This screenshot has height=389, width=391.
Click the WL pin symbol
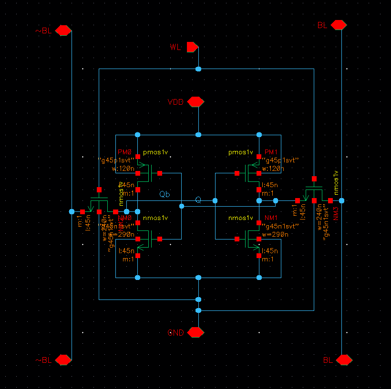(x=192, y=47)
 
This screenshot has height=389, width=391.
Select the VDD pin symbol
(x=195, y=102)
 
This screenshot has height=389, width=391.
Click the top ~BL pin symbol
(x=63, y=31)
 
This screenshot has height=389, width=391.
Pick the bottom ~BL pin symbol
(x=63, y=360)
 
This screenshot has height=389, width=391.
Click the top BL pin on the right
(x=339, y=25)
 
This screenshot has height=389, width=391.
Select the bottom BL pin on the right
(x=344, y=360)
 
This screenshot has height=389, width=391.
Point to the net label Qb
(x=165, y=194)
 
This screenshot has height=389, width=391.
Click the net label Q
(x=198, y=200)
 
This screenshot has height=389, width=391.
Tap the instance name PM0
(x=124, y=152)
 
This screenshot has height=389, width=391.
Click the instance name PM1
(x=271, y=152)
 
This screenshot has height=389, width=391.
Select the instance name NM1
(x=271, y=218)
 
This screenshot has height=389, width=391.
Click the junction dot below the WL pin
(x=198, y=69)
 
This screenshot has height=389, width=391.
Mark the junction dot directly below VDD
(x=198, y=135)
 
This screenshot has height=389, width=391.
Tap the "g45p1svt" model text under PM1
(x=282, y=160)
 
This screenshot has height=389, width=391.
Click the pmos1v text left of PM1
(x=240, y=152)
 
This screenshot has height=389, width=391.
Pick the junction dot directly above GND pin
(x=198, y=310)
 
